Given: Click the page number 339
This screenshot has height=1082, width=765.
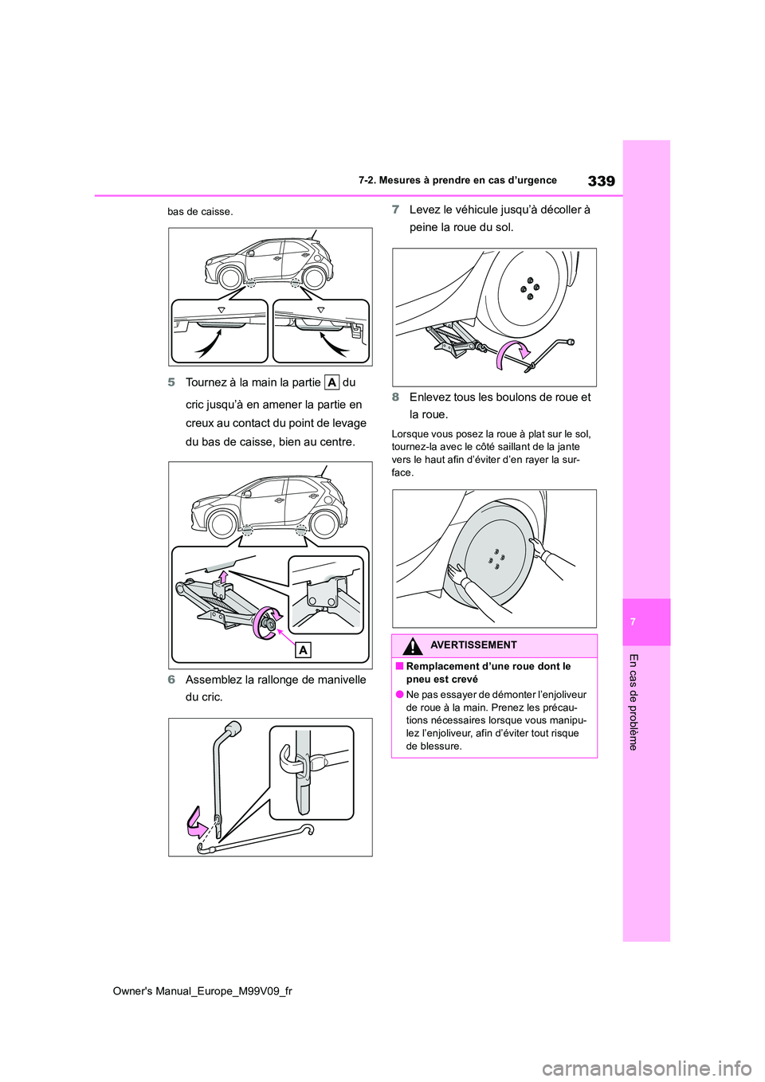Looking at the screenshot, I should (601, 181).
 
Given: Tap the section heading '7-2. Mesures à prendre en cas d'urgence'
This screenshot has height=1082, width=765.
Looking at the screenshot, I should (457, 181).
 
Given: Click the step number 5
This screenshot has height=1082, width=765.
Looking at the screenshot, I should (171, 382).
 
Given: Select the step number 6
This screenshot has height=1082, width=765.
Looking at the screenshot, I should (171, 680).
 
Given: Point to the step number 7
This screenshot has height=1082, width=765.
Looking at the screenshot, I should (395, 210).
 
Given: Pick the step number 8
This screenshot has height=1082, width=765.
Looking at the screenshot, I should (395, 397).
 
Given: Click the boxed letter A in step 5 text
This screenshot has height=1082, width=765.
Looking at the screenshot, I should (331, 382).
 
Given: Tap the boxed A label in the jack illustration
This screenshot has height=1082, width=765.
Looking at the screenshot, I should (303, 650).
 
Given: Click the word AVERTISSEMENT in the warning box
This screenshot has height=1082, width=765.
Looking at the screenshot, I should (473, 645).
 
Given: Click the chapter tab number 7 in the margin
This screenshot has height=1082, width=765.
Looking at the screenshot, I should (633, 621).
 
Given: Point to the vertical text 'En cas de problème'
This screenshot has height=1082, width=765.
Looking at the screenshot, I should (634, 701).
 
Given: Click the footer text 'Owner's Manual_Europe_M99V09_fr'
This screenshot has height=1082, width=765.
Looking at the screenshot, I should (202, 991).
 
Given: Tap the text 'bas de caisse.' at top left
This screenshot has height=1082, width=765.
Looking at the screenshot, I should (200, 212).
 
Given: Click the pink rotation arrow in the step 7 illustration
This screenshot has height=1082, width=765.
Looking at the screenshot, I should (511, 354).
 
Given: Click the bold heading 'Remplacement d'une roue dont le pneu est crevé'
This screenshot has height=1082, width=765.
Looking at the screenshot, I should (488, 672).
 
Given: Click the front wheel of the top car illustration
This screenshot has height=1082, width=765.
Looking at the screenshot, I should (230, 277).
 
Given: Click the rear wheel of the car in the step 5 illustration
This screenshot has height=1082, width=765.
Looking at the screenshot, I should (324, 523).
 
